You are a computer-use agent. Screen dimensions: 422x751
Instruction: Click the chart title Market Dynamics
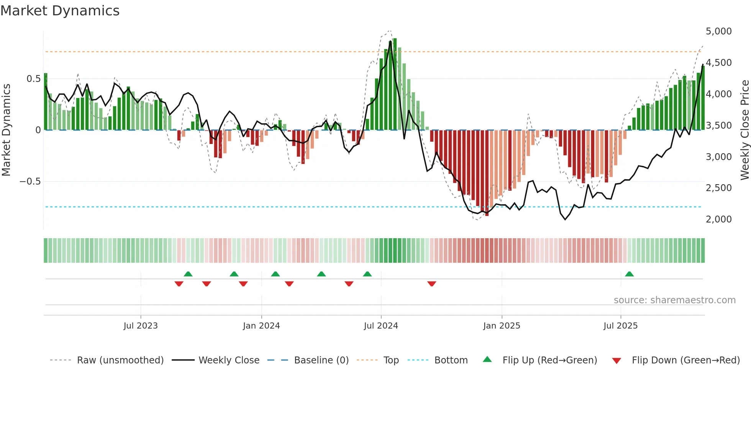(x=60, y=11)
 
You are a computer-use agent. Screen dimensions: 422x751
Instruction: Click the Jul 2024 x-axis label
(x=381, y=326)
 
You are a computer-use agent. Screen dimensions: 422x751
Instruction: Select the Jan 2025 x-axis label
(x=502, y=326)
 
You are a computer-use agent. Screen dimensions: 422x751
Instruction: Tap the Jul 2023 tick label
(x=141, y=326)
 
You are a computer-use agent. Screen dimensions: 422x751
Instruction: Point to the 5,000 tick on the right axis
(x=718, y=31)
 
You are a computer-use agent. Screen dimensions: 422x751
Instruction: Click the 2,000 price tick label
(x=718, y=219)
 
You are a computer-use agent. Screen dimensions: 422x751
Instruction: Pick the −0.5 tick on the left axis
(x=30, y=182)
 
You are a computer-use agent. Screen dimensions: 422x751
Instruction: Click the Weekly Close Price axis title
(x=744, y=130)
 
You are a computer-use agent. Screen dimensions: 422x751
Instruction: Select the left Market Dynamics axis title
(x=7, y=130)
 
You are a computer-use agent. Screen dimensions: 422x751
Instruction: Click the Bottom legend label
(x=451, y=360)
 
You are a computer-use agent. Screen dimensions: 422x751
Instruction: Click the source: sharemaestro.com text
(x=674, y=300)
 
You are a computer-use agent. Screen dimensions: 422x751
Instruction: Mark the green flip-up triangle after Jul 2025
(x=629, y=274)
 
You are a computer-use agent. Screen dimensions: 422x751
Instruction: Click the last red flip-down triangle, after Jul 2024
(x=432, y=284)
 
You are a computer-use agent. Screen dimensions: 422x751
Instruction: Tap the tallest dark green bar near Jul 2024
(x=395, y=84)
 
